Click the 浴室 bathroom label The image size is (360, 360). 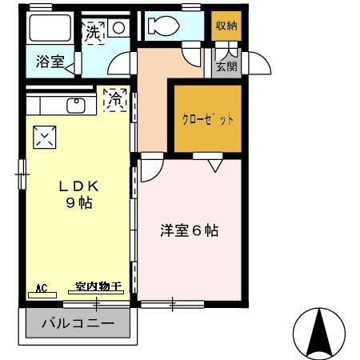[x=50, y=62]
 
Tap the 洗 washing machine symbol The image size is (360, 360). [x=94, y=33]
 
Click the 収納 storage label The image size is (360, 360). [x=226, y=25]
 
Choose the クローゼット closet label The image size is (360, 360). [x=208, y=120]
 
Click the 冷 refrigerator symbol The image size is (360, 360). [x=114, y=100]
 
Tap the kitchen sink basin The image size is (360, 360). [x=76, y=106]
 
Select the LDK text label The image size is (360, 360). [x=78, y=186]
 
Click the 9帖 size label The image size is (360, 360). [x=78, y=202]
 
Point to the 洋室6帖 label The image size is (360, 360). [x=190, y=231]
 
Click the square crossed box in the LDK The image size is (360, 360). [x=43, y=138]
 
